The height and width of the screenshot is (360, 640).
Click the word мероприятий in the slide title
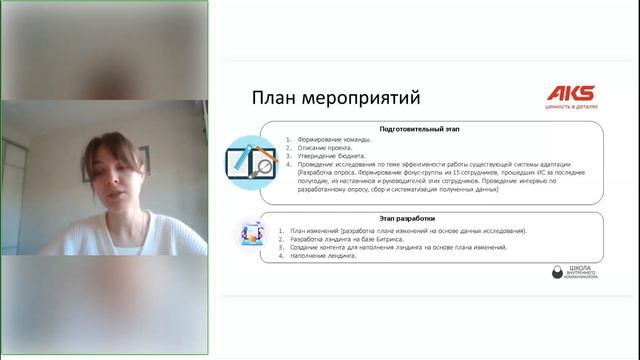pyautogui.click(x=360, y=98)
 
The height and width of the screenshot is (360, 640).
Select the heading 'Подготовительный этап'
pyautogui.click(x=426, y=129)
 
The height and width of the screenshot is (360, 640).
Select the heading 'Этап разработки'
pyautogui.click(x=428, y=217)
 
